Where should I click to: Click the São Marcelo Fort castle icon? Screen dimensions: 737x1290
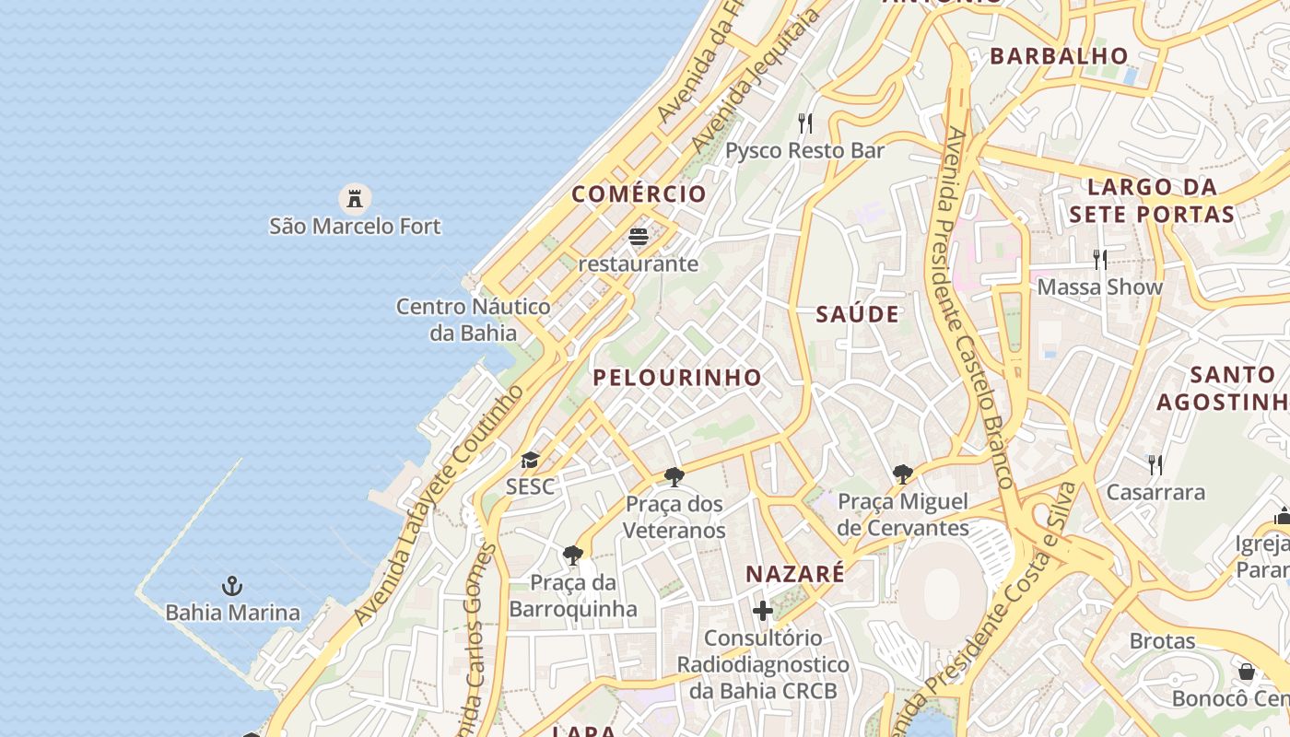pos(354,198)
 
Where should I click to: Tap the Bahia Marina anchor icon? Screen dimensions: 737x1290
pos(232,586)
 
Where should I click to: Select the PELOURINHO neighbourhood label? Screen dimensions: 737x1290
pos(677,378)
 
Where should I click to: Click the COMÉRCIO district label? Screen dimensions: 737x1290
pos(639,194)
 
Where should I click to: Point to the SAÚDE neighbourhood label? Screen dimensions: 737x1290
pos(857,315)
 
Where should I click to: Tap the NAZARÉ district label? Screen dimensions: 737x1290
pos(794,574)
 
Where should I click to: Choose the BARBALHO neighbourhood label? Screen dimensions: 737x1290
pos(1059,56)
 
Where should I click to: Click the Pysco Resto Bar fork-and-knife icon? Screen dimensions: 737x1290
pos(805,123)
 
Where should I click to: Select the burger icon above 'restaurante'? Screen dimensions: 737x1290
pos(639,237)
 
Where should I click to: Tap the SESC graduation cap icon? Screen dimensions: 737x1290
pos(530,460)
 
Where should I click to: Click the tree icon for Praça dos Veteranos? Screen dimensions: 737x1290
pos(674,477)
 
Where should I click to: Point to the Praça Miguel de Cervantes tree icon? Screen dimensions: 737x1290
pos(903,474)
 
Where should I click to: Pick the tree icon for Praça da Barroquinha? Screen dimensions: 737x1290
pos(573,555)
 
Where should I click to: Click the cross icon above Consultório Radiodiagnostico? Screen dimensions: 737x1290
pos(763,610)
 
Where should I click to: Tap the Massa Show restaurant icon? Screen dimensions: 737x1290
pos(1099,259)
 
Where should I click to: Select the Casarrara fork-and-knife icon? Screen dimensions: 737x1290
pos(1155,464)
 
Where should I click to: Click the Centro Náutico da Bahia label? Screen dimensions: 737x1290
pos(474,319)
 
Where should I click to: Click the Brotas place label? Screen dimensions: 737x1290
pos(1163,641)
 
